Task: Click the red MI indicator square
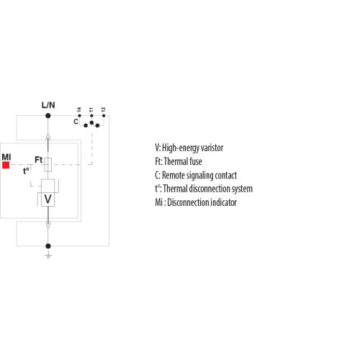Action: click(x=6, y=165)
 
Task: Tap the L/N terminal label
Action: click(x=48, y=105)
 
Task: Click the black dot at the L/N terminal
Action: click(x=48, y=116)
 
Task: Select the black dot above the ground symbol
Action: click(x=48, y=246)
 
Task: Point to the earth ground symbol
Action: click(x=48, y=255)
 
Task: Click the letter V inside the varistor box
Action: click(x=48, y=199)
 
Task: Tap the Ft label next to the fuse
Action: click(x=39, y=160)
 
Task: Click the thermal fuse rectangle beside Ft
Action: click(x=48, y=165)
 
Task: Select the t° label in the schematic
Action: click(x=26, y=171)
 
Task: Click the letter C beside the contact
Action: click(x=76, y=122)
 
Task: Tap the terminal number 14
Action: click(x=79, y=110)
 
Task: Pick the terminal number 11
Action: click(x=91, y=110)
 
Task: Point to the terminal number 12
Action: click(x=103, y=109)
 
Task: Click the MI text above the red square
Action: click(x=6, y=157)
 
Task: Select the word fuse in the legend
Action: click(x=196, y=161)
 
